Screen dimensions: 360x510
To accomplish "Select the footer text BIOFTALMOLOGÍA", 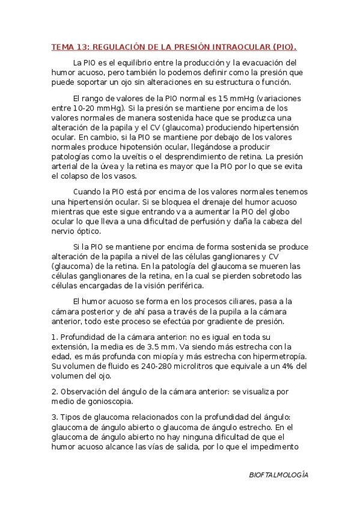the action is [278, 475].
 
